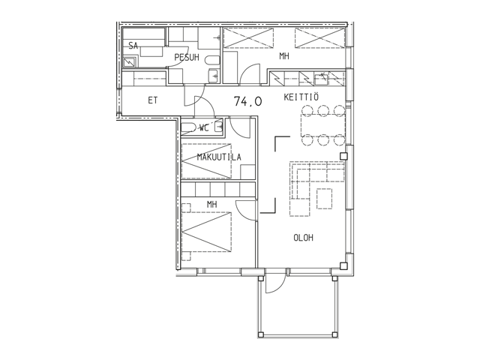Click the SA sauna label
[x=133, y=46]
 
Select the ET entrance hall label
[x=152, y=100]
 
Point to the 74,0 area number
[x=247, y=101]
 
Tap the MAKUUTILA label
[x=219, y=157]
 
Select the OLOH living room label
[x=303, y=238]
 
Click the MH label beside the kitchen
[x=284, y=56]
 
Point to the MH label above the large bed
[x=211, y=204]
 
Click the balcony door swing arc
[x=277, y=284]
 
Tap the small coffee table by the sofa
[x=325, y=198]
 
